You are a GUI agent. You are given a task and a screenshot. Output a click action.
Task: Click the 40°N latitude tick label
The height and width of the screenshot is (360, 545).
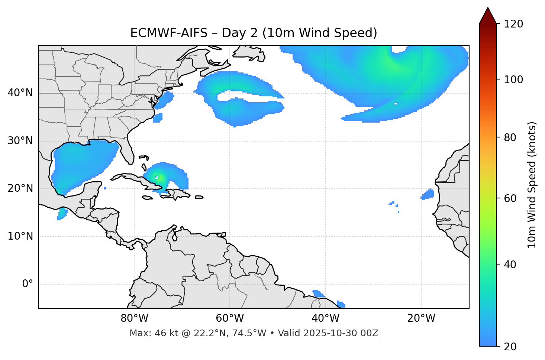20,93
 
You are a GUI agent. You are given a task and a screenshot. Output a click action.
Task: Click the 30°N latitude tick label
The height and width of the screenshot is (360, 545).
20,141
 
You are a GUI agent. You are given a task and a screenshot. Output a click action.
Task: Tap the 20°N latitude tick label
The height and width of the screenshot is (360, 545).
20,188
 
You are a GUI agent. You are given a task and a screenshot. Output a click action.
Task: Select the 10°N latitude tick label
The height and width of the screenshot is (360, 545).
20,236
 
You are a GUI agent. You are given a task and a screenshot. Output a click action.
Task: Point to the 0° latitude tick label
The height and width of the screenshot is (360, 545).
27,284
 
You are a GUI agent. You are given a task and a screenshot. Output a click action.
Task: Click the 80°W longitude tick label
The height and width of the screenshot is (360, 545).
134,318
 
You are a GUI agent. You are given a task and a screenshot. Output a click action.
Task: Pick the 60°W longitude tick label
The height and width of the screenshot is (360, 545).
230,318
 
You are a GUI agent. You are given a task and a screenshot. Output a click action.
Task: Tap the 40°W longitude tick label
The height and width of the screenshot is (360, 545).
325,318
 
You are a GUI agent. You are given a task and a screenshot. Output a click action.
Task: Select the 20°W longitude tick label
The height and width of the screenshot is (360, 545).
421,318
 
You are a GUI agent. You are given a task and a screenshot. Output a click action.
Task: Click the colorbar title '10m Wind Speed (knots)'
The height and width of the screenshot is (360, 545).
532,185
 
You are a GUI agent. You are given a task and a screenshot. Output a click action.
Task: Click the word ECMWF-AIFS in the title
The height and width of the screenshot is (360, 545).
169,33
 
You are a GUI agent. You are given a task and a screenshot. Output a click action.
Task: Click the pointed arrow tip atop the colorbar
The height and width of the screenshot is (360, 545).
488,9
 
